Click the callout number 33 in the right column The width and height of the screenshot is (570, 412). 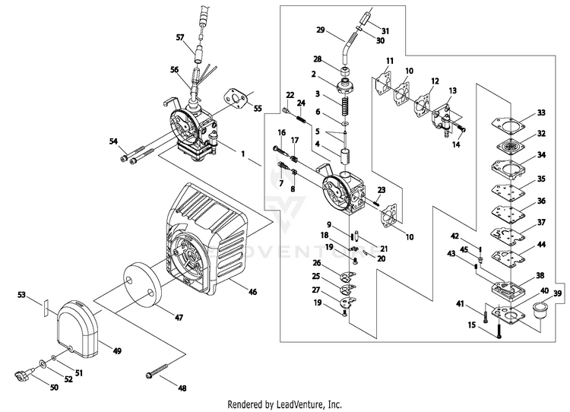pyautogui.click(x=541, y=113)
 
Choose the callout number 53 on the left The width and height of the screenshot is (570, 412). pyautogui.click(x=43, y=293)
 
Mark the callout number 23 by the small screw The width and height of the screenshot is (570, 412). pyautogui.click(x=381, y=189)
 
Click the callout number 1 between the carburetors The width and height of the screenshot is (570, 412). pyautogui.click(x=243, y=153)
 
